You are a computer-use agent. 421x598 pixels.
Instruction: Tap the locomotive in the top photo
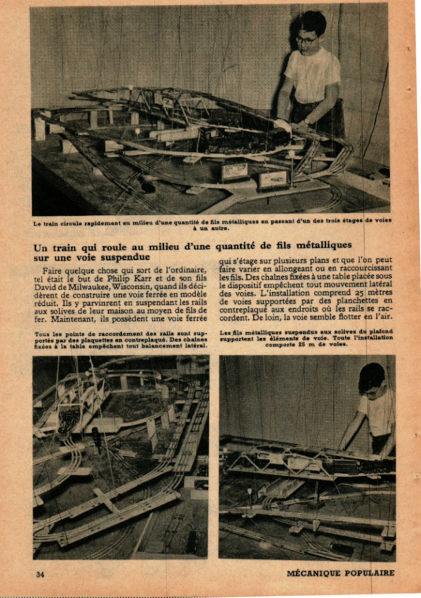[x=246, y=137]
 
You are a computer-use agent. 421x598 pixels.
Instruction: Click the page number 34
[x=40, y=573]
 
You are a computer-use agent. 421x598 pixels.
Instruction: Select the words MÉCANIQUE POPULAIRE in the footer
[x=340, y=573]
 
